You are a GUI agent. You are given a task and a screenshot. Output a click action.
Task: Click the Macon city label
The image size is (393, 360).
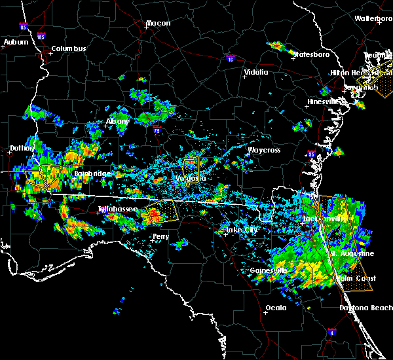point(158,24)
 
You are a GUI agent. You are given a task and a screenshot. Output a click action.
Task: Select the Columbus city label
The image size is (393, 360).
point(69,48)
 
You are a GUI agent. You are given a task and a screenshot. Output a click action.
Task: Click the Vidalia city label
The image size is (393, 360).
point(255,72)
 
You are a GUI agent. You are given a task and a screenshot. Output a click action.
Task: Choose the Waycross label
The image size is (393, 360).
point(264,150)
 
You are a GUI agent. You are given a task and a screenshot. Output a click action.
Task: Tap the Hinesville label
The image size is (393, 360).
point(326,101)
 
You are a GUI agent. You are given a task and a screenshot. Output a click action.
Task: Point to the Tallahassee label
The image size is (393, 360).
point(118,209)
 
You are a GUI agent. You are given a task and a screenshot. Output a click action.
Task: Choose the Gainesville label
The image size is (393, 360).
point(269,270)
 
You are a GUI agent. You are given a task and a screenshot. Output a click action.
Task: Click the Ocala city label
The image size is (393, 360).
point(277,308)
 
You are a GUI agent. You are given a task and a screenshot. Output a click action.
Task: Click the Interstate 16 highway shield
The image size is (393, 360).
point(230,59)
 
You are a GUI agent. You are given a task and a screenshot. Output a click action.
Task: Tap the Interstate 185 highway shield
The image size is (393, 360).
point(41,36)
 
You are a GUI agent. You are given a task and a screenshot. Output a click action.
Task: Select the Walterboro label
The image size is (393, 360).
point(373,18)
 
